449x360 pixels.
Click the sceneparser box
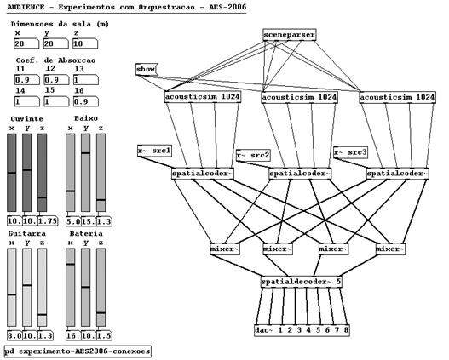coord(290,35)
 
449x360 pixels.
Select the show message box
coord(147,69)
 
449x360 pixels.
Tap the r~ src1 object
coord(154,151)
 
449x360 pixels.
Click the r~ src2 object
coord(253,155)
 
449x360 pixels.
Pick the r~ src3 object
coord(350,152)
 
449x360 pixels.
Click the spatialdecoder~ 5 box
coord(302,282)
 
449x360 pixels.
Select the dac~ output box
coord(302,330)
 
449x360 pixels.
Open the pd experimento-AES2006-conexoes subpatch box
coord(78,351)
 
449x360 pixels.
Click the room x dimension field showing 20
coord(26,43)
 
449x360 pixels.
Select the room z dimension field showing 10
coord(85,43)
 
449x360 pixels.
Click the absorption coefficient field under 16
coord(86,101)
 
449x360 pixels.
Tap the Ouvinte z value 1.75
coord(48,221)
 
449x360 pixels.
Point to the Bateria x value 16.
coord(73,335)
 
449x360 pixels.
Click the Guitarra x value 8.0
coord(14,335)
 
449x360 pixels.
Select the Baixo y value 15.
coord(89,221)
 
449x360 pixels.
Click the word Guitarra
coord(27,233)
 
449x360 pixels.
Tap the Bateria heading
coord(86,233)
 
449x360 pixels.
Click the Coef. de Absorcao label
coord(56,60)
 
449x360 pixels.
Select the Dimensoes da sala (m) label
coord(60,24)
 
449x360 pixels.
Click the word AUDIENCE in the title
coord(26,7)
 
